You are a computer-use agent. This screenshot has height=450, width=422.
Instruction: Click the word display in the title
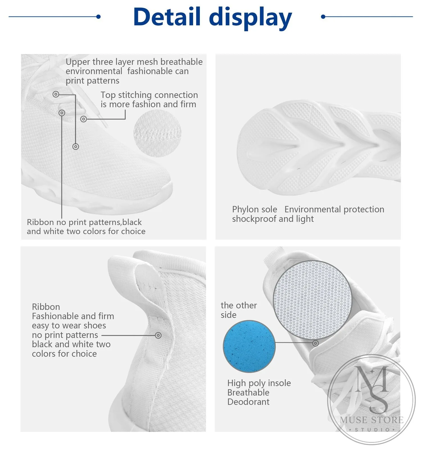tap(251, 18)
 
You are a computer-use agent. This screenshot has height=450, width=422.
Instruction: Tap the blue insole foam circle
tap(249, 346)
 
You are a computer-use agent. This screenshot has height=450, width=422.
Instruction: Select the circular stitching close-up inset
tap(157, 133)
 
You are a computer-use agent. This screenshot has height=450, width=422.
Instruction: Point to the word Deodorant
tap(248, 402)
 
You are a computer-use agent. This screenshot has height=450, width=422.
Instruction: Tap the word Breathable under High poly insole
tap(248, 392)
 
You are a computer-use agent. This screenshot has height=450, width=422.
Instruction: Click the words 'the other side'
tap(239, 310)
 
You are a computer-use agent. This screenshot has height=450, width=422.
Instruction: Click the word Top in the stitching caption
tap(108, 95)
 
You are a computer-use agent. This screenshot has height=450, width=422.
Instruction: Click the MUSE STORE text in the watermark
tap(372, 420)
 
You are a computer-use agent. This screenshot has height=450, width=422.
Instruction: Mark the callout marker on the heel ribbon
tap(158, 335)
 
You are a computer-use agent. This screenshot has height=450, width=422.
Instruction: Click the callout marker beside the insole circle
tap(315, 343)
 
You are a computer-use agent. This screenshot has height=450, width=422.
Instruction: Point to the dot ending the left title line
tap(98, 17)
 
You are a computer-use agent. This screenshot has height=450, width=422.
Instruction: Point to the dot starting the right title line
tap(323, 17)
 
